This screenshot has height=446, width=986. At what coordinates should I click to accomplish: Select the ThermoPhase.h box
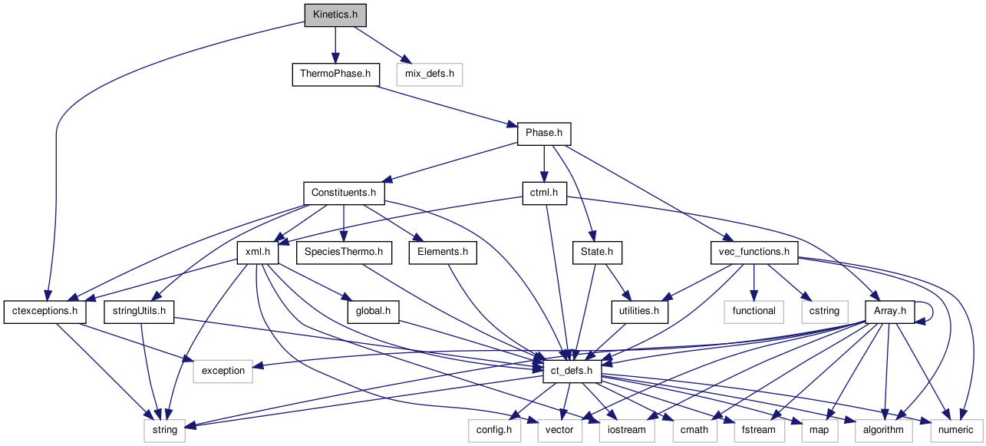(336, 74)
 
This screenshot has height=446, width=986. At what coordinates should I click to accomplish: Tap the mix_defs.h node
(430, 74)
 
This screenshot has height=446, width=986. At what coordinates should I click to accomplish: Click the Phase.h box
(544, 133)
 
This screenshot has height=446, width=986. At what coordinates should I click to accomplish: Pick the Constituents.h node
(344, 193)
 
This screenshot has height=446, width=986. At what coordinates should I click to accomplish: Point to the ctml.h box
(544, 193)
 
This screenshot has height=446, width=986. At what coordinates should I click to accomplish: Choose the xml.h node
(258, 252)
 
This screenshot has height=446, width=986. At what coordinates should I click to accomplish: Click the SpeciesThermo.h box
(344, 252)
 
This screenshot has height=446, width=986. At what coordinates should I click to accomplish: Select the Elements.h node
(443, 252)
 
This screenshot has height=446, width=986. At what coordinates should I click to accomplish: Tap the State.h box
(597, 252)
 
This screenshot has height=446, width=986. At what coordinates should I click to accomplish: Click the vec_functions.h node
(754, 252)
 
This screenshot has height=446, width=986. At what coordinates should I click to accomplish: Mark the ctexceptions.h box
(45, 311)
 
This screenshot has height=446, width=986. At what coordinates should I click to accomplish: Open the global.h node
(374, 311)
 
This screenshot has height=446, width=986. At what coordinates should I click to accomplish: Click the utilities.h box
(638, 311)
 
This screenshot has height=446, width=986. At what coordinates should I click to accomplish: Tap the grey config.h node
(495, 430)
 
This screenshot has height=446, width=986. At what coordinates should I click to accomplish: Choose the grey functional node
(754, 311)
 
